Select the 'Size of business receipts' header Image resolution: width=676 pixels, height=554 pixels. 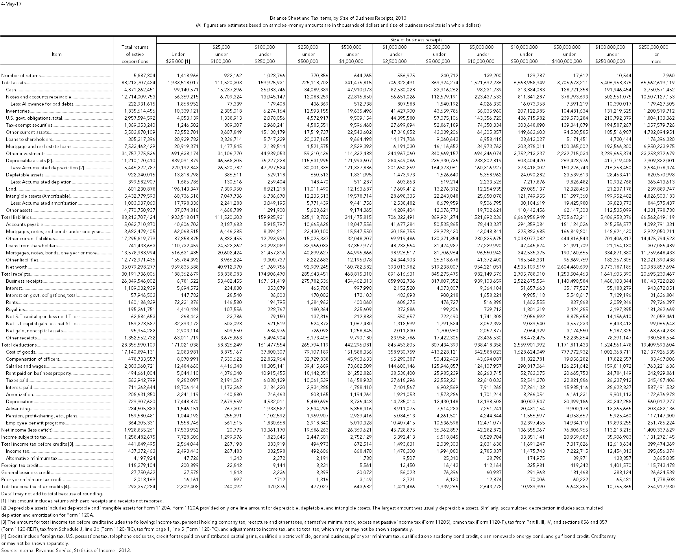416,40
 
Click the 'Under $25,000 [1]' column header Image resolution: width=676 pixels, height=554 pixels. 178,58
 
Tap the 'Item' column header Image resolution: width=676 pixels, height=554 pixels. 57,54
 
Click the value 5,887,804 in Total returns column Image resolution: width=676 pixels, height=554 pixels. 144,75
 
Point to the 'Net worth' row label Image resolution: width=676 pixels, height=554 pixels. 17,267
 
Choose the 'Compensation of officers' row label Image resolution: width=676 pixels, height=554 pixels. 32,359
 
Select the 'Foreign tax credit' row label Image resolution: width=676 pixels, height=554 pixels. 20,465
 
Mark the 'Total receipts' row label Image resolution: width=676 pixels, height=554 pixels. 16,274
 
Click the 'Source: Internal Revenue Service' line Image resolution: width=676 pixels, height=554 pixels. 66,550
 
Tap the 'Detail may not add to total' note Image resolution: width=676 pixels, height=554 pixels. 52,494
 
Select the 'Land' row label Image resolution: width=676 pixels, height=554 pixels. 11,189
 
